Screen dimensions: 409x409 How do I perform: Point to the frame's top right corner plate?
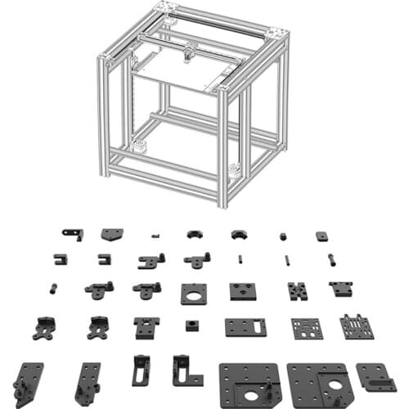pyautogui.click(x=276, y=34)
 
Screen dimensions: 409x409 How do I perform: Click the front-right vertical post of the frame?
pyautogui.click(x=222, y=147)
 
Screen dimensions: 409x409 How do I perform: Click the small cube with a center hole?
pyautogui.click(x=192, y=326)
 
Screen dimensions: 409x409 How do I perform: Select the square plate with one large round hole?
pyautogui.click(x=194, y=294)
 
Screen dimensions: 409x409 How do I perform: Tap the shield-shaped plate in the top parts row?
pyautogui.click(x=112, y=234)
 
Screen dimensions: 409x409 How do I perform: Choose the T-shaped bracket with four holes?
pyautogui.click(x=147, y=327)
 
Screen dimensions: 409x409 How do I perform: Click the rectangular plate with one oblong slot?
pyautogui.click(x=246, y=326)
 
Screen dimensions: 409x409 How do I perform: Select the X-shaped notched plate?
pyautogui.click(x=296, y=291)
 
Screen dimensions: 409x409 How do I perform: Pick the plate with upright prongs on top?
pyautogui.click(x=357, y=326)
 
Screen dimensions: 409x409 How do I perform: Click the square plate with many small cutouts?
pyautogui.click(x=307, y=327)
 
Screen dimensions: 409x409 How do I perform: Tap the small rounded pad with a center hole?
pyautogui.click(x=321, y=236)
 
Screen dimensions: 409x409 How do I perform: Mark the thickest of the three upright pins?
pyautogui.click(x=331, y=260)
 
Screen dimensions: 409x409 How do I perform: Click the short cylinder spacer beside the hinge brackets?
pyautogui.click(x=54, y=288)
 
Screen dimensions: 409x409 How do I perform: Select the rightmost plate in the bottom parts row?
pyautogui.click(x=375, y=378)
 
